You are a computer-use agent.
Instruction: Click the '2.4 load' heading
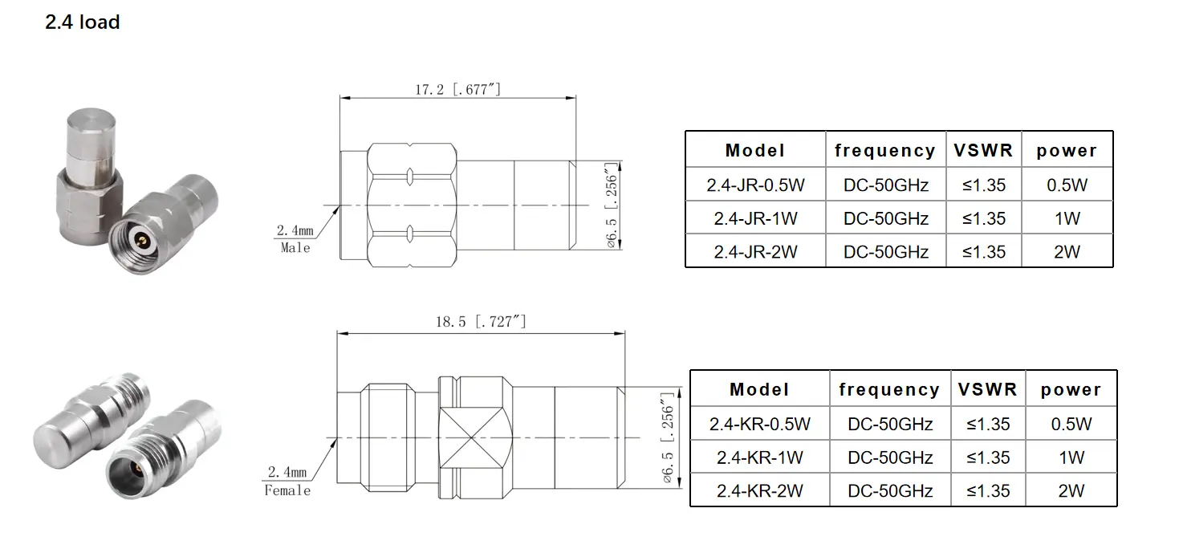pyautogui.click(x=83, y=22)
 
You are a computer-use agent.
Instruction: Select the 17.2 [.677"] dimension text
pyautogui.click(x=457, y=89)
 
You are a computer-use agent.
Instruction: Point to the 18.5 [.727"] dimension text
pyautogui.click(x=481, y=322)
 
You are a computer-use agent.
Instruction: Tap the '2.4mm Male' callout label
pyautogui.click(x=295, y=239)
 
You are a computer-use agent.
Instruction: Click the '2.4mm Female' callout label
pyautogui.click(x=287, y=481)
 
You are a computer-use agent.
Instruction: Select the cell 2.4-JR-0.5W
pyautogui.click(x=755, y=185)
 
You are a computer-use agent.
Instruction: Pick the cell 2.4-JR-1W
pyautogui.click(x=755, y=218)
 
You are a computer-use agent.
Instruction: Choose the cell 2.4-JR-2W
pyautogui.click(x=755, y=252)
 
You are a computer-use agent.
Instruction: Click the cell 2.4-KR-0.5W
pyautogui.click(x=759, y=424)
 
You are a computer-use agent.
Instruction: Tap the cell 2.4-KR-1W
pyautogui.click(x=759, y=457)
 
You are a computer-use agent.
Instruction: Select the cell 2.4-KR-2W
pyautogui.click(x=759, y=491)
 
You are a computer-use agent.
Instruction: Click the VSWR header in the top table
pyautogui.click(x=983, y=150)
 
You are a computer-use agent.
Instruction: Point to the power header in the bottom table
pyautogui.click(x=1071, y=390)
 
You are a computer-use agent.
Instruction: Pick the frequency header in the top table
pyautogui.click(x=885, y=150)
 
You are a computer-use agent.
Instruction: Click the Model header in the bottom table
pyautogui.click(x=759, y=390)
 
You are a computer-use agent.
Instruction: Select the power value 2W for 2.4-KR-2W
pyautogui.click(x=1071, y=491)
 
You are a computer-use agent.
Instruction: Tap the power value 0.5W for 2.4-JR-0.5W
pyautogui.click(x=1067, y=185)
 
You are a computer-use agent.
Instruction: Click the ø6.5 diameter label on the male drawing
pyautogui.click(x=612, y=205)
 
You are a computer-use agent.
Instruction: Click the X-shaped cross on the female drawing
pyautogui.click(x=476, y=437)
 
